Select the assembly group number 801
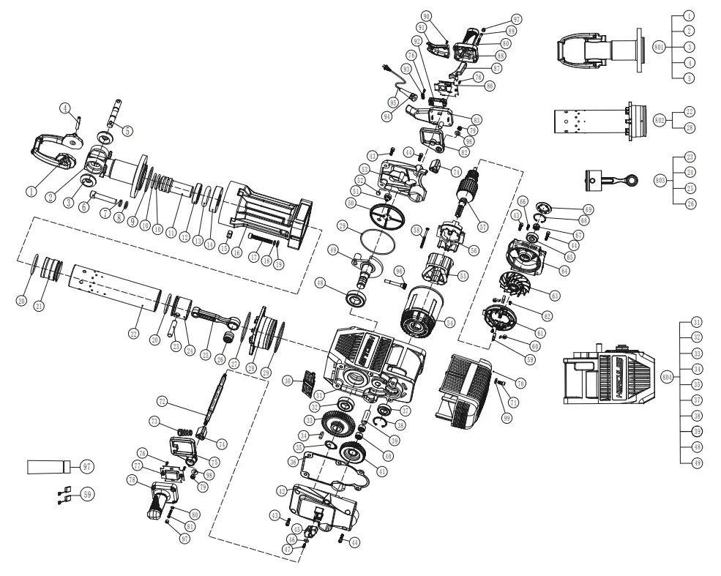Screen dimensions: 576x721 pos(659,45)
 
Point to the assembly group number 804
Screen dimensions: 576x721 pos(667,376)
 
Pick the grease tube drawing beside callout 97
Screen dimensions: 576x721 pos(48,466)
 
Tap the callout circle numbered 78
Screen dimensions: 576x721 pos(132,479)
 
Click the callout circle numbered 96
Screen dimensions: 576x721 pos(400,272)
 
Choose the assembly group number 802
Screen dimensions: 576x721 pos(659,119)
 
